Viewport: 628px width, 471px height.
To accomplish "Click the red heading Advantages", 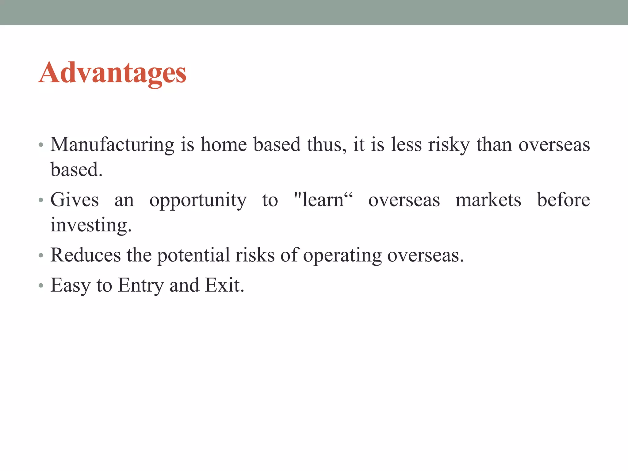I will tap(112, 73).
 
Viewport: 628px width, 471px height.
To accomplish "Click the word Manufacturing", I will tap(112, 145).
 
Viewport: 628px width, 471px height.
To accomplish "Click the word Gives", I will tap(75, 200).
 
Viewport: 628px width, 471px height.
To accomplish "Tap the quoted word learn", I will tap(323, 200).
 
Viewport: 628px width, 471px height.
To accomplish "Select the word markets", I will tap(488, 200).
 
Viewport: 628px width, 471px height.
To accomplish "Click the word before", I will tap(563, 200).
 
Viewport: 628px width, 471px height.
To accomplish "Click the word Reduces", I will tap(86, 255).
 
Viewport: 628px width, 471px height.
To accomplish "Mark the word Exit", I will tap(224, 285).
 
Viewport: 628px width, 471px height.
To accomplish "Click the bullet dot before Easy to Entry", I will tap(41, 286).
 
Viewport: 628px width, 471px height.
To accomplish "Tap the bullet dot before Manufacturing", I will tap(41, 145).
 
